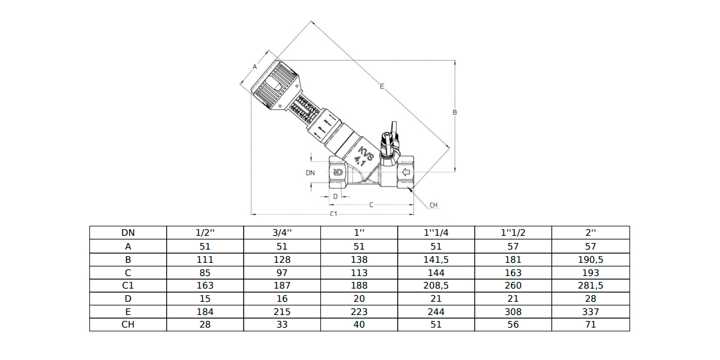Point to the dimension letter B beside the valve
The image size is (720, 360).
(455, 112)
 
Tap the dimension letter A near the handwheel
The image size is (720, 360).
(254, 67)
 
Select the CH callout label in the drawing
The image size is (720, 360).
(433, 205)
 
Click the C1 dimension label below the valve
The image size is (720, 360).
(334, 214)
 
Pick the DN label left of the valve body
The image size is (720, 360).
(310, 173)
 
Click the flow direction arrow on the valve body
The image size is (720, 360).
(406, 173)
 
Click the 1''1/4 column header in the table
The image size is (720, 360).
(436, 233)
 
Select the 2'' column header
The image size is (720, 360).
(590, 233)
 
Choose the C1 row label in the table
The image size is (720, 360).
(128, 286)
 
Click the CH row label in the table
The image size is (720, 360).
(128, 325)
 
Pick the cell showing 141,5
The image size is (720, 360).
(436, 259)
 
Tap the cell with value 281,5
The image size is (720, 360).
(590, 286)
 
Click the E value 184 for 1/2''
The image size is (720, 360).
(205, 311)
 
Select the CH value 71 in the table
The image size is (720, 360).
(590, 325)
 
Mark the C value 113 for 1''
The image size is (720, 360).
(359, 272)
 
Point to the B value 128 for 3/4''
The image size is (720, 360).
(282, 259)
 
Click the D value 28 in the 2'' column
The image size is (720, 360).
(590, 298)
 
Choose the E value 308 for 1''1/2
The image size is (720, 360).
(513, 311)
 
